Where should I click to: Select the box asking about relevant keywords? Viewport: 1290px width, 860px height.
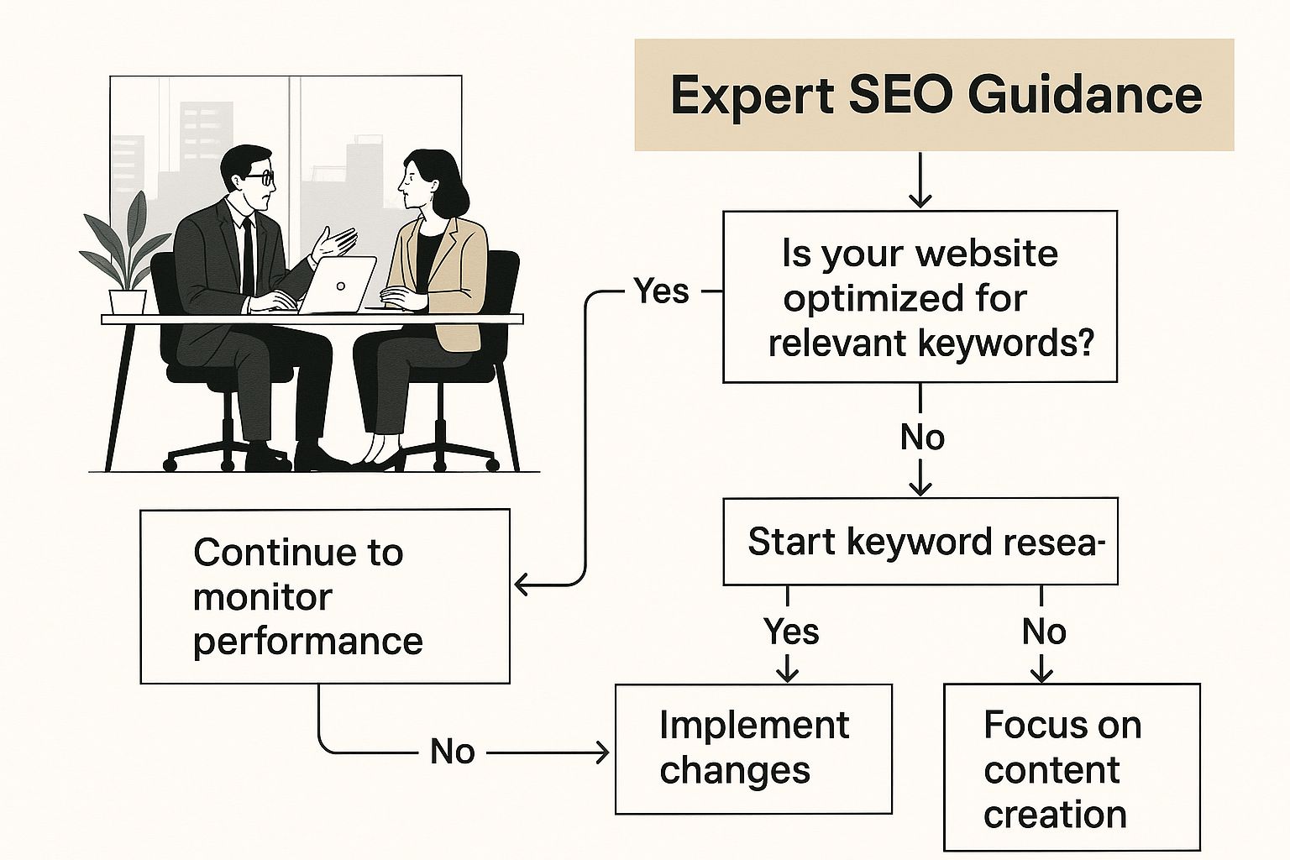920,296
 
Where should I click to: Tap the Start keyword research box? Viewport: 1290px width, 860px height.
920,542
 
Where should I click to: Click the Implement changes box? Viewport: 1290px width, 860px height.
753,749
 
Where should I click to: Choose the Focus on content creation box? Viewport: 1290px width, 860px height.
1072,767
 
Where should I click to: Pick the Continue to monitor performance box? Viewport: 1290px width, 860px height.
325,596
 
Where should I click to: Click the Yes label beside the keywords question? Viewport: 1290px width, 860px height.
661,291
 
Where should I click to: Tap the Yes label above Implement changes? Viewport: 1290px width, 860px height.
790,631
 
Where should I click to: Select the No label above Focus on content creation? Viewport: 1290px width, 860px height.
1044,632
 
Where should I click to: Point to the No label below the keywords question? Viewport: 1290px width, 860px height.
922,438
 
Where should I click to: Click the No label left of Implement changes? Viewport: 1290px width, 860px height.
452,752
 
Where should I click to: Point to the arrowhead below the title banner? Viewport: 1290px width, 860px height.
920,199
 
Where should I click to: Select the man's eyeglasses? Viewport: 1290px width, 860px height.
261,177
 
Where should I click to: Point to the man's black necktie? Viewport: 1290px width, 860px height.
248,256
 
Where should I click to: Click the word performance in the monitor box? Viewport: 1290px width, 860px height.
308,642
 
